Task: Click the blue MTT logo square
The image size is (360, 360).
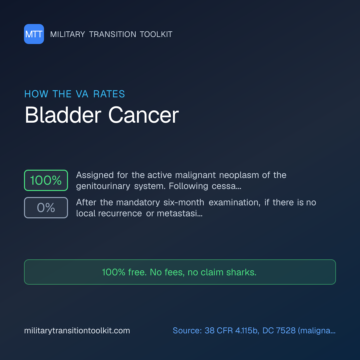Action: click(x=34, y=34)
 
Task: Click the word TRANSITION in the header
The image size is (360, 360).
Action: click(x=113, y=34)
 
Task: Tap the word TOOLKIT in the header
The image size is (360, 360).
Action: click(x=156, y=34)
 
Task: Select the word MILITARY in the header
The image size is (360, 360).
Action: click(x=67, y=34)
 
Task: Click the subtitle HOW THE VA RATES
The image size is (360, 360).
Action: click(x=75, y=94)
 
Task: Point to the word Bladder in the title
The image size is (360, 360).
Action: click(x=63, y=115)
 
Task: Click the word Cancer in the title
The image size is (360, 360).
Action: click(x=143, y=115)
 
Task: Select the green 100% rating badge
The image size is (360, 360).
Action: click(x=46, y=180)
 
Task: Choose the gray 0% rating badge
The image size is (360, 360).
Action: click(x=46, y=208)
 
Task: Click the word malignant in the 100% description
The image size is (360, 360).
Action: click(x=195, y=175)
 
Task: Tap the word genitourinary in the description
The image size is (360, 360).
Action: click(x=103, y=186)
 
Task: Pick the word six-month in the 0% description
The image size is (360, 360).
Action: click(x=184, y=203)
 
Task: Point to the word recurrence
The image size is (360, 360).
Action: click(x=120, y=214)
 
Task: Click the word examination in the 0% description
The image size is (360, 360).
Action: click(x=234, y=203)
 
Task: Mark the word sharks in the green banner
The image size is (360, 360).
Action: click(x=241, y=272)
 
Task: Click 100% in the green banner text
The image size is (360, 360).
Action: click(x=114, y=272)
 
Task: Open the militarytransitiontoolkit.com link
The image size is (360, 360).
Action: click(x=77, y=331)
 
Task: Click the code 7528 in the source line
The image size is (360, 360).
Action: click(x=286, y=331)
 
